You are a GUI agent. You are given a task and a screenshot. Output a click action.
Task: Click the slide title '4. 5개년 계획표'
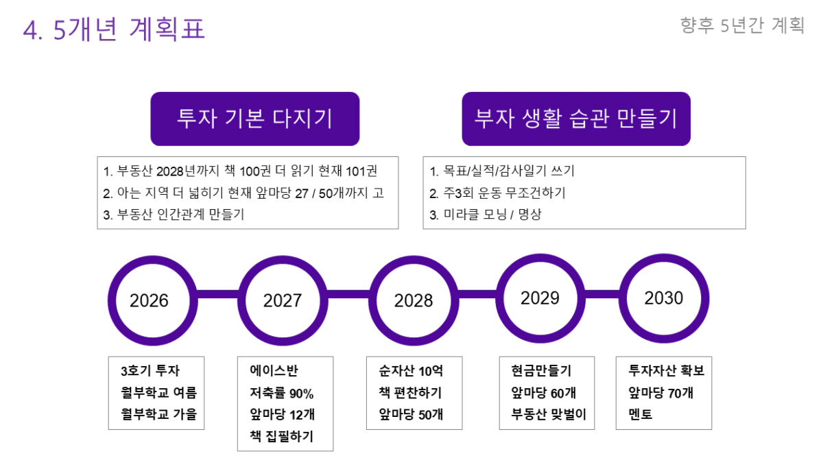pyautogui.click(x=114, y=29)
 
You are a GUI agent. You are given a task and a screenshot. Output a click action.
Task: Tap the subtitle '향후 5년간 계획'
pyautogui.click(x=742, y=25)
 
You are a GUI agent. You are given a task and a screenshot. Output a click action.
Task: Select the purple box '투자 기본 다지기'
pyautogui.click(x=255, y=119)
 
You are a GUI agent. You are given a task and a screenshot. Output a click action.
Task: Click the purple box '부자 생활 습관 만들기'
pyautogui.click(x=576, y=119)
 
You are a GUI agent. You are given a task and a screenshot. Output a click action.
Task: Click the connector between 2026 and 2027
pyautogui.click(x=218, y=294)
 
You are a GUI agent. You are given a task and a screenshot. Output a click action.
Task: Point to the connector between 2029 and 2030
pyautogui.click(x=602, y=294)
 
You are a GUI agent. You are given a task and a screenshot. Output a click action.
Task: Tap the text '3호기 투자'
pyautogui.click(x=150, y=371)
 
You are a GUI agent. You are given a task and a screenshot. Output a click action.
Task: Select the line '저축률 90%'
pyautogui.click(x=281, y=393)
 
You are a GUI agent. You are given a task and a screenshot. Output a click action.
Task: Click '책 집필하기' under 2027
pyautogui.click(x=281, y=436)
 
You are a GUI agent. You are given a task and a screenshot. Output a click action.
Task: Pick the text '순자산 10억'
pyautogui.click(x=411, y=371)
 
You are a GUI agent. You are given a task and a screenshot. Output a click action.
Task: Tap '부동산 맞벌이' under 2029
pyautogui.click(x=549, y=414)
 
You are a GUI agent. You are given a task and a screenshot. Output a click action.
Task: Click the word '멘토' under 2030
pyautogui.click(x=641, y=414)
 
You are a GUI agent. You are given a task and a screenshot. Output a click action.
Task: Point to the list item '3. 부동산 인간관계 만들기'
pyautogui.click(x=174, y=215)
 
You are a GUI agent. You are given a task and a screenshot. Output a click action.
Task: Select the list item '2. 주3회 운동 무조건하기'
pyautogui.click(x=497, y=193)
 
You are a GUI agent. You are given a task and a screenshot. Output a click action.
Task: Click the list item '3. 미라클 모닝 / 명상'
pyautogui.click(x=486, y=215)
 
